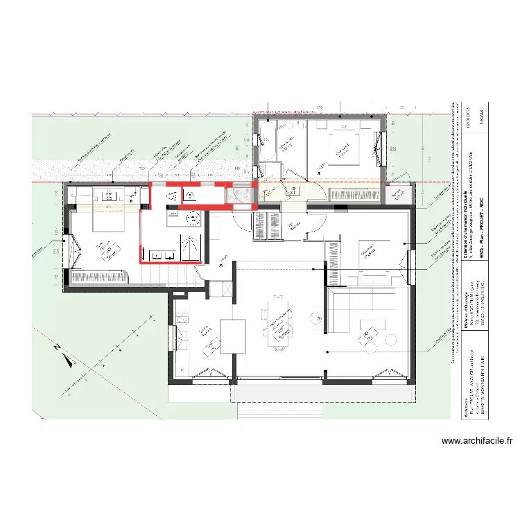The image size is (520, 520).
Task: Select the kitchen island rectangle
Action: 232,335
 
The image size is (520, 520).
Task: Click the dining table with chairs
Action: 279,326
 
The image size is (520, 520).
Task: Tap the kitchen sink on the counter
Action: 183,321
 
